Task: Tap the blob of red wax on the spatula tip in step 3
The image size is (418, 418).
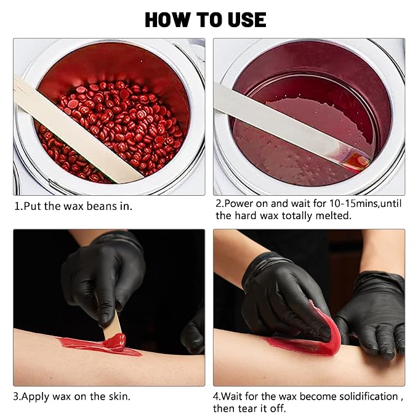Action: [x=116, y=342]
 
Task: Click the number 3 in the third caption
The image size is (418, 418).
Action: [x=16, y=396]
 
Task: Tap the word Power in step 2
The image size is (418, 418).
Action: [x=239, y=203]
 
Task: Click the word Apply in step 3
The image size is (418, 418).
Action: [x=35, y=397]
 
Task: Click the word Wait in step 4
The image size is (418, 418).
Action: [x=231, y=396]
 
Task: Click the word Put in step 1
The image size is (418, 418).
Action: [x=33, y=206]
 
